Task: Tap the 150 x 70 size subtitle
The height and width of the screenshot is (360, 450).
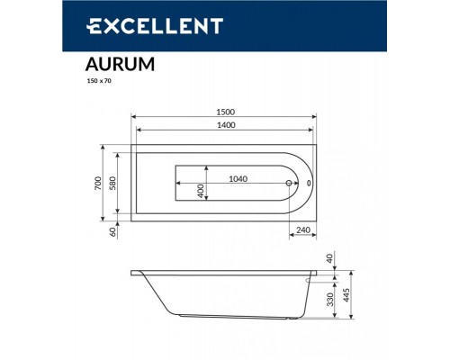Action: [x=86, y=82]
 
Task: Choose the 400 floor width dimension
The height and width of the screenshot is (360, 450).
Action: [x=202, y=190]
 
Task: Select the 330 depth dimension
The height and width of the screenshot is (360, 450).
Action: [x=332, y=297]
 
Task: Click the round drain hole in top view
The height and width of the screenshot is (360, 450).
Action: [x=289, y=184]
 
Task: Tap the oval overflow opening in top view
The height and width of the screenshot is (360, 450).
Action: [x=310, y=184]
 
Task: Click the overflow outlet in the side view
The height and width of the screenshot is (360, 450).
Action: [x=310, y=279]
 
